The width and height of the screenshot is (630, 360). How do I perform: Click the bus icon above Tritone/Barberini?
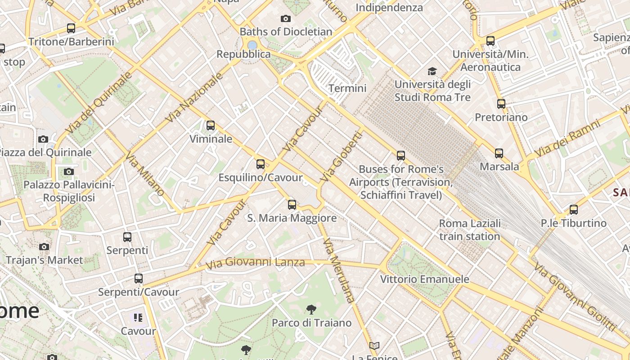click(x=71, y=28)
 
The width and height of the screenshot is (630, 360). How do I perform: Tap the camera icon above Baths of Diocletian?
click(x=285, y=18)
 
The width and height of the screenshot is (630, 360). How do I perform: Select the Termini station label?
click(x=347, y=88)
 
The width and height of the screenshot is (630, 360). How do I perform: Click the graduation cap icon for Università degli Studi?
click(x=432, y=71)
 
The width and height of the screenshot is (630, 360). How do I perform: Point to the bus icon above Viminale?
click(x=211, y=126)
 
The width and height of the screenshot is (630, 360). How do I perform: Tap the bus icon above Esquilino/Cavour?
click(x=261, y=164)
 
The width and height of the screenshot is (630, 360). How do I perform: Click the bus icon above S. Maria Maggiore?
click(x=292, y=205)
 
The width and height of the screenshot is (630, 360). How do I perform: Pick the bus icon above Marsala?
click(x=499, y=153)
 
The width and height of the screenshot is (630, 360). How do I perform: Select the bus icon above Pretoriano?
click(x=501, y=104)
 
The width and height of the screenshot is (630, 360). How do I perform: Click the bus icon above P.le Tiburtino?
click(x=573, y=210)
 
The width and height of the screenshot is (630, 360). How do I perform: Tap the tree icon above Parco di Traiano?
click(x=311, y=310)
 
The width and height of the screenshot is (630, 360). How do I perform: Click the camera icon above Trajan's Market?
click(x=44, y=247)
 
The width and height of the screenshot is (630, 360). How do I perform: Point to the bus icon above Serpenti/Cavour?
click(x=139, y=279)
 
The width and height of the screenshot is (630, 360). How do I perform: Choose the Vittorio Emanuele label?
click(x=425, y=279)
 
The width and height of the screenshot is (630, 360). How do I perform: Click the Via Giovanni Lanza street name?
click(x=255, y=262)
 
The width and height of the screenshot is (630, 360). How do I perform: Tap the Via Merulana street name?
click(x=339, y=270)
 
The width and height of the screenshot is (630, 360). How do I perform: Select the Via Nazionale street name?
click(x=194, y=98)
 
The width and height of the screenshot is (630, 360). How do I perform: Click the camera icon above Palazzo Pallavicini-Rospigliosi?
click(x=69, y=171)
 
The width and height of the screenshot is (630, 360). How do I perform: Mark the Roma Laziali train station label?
click(x=470, y=230)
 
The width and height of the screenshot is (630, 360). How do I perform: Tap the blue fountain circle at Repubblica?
click(x=252, y=45)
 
